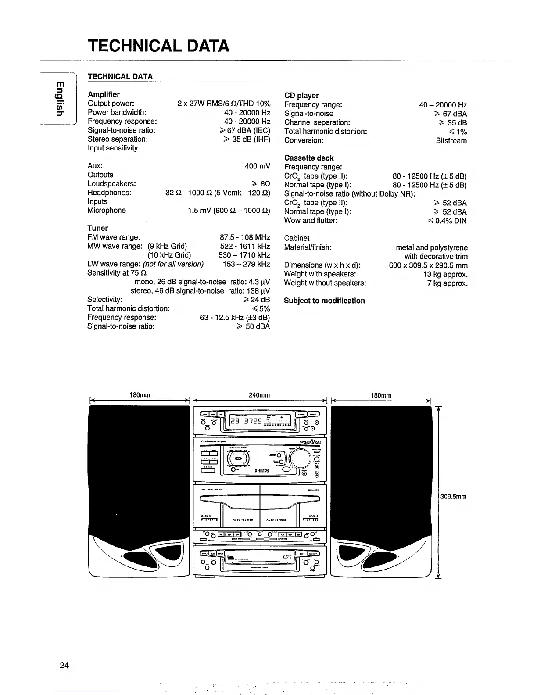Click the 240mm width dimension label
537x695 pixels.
click(259, 395)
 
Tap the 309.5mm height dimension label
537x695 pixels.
click(453, 497)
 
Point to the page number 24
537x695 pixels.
click(64, 665)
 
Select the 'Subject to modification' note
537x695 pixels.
click(324, 301)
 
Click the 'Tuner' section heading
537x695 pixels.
click(97, 228)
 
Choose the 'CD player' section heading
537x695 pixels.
click(301, 96)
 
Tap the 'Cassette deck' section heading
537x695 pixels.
click(309, 158)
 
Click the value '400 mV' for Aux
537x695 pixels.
click(258, 166)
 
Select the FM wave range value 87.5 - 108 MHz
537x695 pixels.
click(245, 237)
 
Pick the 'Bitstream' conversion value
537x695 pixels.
click(451, 141)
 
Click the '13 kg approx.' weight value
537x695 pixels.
click(445, 274)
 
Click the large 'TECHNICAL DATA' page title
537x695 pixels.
click(158, 46)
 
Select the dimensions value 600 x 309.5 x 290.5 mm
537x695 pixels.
click(428, 265)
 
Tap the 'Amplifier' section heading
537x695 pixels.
click(104, 94)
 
